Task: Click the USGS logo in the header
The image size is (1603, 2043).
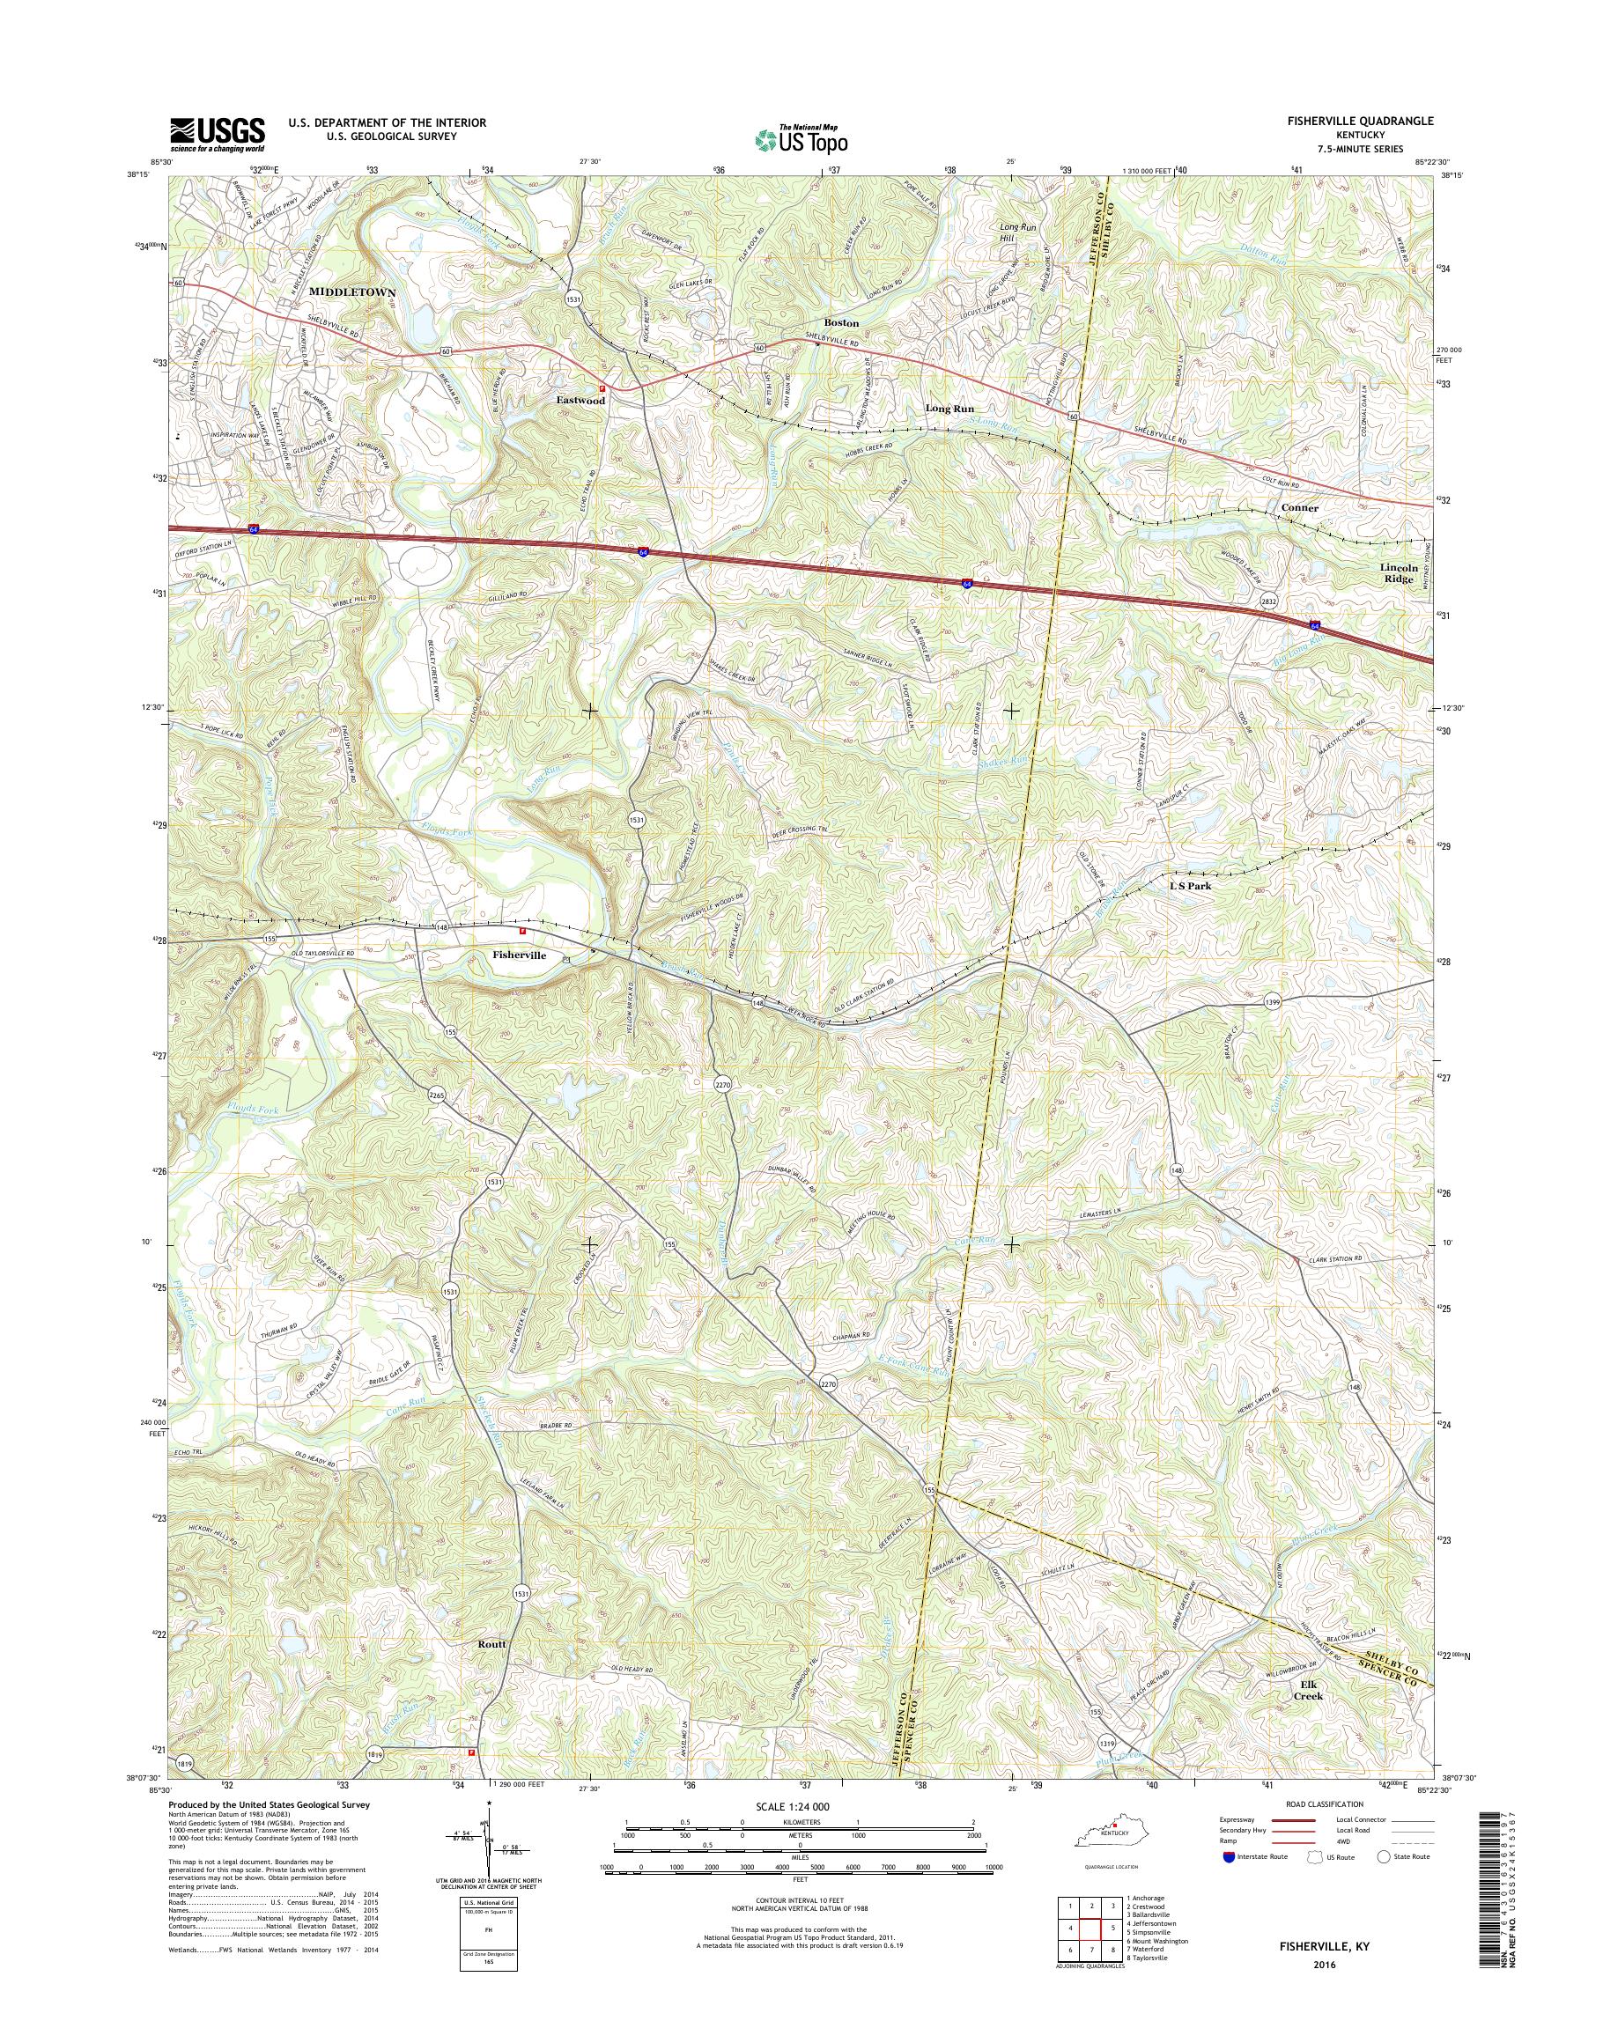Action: pyautogui.click(x=217, y=134)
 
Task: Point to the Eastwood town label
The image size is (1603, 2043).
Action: pyautogui.click(x=580, y=400)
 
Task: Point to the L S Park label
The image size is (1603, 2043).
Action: pyautogui.click(x=1189, y=885)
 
